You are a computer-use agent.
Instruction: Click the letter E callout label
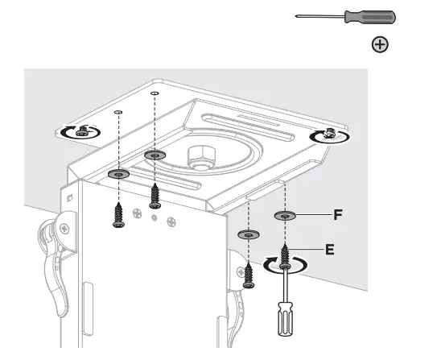[x=329, y=250]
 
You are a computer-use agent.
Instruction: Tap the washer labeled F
[x=286, y=216]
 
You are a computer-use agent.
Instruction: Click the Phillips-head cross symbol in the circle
[x=379, y=45]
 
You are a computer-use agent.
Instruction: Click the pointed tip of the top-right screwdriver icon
[x=297, y=16]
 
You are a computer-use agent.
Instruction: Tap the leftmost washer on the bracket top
[x=118, y=173]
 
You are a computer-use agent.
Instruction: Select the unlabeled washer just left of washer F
[x=247, y=234]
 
